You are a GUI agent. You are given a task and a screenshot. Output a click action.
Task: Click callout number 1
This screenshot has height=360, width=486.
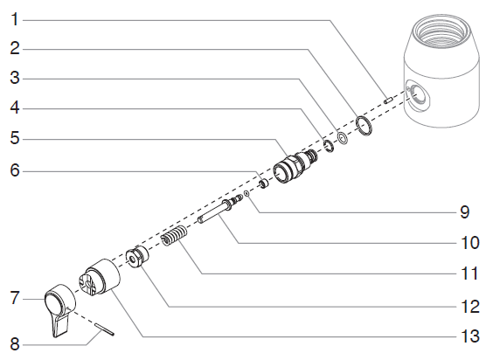pos(14,17)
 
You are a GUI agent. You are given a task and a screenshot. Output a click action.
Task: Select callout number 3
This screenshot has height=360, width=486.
pos(14,77)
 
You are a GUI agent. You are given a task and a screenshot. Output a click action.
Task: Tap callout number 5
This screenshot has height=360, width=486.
pos(14,137)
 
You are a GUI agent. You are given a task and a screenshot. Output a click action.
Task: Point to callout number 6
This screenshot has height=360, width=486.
pos(14,170)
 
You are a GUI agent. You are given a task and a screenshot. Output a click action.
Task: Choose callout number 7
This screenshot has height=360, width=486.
pos(14,299)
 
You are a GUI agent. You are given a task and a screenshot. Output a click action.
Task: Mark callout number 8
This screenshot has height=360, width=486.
pos(14,343)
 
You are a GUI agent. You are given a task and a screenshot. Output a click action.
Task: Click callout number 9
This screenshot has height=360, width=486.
pos(470,211)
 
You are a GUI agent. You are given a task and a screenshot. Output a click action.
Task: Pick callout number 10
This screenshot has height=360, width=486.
pos(470,241)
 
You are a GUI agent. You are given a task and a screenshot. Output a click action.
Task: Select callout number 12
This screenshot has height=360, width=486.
pos(470,307)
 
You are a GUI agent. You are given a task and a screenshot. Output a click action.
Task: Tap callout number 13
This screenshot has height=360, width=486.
pos(470,336)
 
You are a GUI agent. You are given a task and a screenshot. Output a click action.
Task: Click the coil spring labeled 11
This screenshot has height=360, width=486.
pos(177,237)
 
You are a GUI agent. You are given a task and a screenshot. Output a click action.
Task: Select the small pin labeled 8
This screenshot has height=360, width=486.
pos(103,330)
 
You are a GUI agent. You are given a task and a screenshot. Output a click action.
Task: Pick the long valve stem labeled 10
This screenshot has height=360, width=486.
pos(219,212)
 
